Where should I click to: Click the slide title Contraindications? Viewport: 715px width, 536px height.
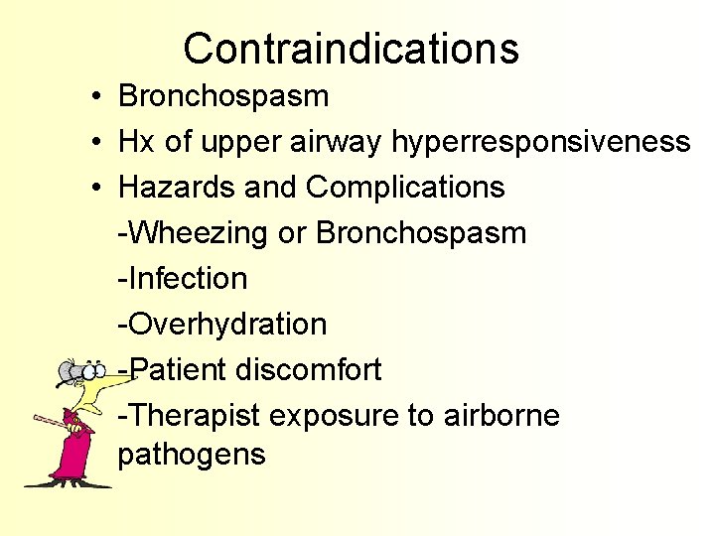(x=351, y=48)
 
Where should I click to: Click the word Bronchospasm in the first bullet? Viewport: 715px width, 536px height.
(x=223, y=96)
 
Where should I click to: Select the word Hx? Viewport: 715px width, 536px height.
(x=136, y=142)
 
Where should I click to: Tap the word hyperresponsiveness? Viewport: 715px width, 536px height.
(x=540, y=142)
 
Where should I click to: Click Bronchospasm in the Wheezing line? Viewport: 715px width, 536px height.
(x=420, y=233)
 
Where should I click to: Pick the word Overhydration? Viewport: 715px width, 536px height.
(x=222, y=325)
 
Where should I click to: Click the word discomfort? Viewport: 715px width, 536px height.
(x=309, y=370)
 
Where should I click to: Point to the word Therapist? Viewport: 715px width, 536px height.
(x=195, y=416)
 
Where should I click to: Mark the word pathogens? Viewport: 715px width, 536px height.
(x=192, y=455)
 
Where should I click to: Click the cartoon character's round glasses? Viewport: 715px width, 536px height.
(x=77, y=373)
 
